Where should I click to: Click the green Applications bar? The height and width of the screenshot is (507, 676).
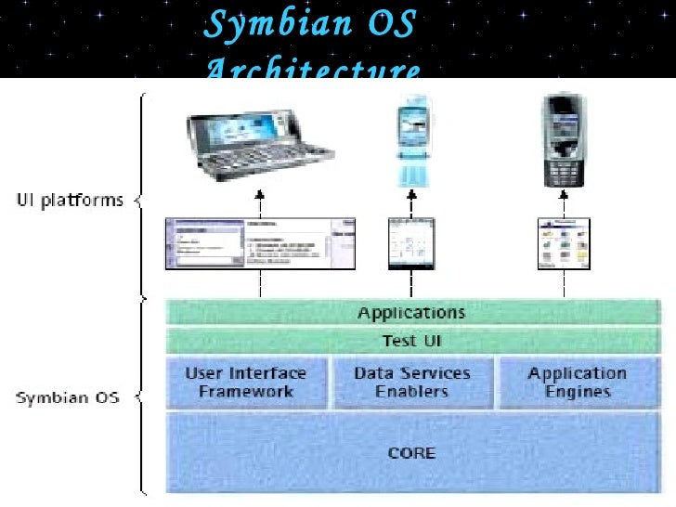point(412,312)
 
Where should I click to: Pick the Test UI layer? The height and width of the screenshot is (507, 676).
point(412,341)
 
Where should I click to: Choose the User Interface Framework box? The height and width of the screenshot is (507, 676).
point(246,382)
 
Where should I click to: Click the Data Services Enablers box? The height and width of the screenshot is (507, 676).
point(412,382)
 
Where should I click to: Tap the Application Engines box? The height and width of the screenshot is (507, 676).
point(578,382)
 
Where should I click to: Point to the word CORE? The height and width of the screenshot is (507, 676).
point(411,452)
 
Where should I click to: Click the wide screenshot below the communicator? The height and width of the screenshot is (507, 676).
point(260,243)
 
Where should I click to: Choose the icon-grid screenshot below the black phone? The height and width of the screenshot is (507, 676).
point(564,243)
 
